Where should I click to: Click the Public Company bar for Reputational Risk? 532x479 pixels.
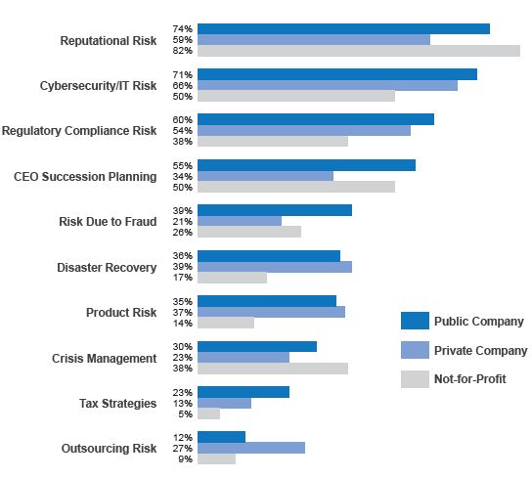click(343, 29)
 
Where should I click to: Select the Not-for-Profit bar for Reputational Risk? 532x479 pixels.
click(359, 51)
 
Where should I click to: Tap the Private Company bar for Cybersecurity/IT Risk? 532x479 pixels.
click(328, 85)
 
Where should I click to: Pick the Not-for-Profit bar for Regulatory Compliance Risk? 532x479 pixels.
click(273, 141)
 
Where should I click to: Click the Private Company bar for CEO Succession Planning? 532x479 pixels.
click(266, 176)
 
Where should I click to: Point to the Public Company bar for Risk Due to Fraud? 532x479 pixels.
click(275, 210)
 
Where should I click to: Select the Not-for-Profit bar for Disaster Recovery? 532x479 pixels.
click(233, 278)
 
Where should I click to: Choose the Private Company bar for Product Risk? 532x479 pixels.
click(272, 312)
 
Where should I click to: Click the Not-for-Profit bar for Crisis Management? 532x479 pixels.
click(273, 369)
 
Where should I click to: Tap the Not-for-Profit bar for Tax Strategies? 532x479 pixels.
click(209, 414)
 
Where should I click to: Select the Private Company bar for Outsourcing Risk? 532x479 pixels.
click(251, 448)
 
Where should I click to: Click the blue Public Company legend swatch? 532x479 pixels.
click(415, 321)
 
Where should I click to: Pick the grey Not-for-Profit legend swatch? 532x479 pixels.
click(415, 379)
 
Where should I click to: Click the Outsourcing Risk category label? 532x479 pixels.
click(109, 449)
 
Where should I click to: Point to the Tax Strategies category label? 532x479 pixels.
click(117, 404)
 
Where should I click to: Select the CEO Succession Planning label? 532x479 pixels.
click(85, 177)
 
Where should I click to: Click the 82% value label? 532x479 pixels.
click(183, 51)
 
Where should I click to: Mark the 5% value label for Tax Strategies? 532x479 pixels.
click(186, 414)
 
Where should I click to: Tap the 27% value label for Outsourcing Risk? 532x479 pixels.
click(183, 448)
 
